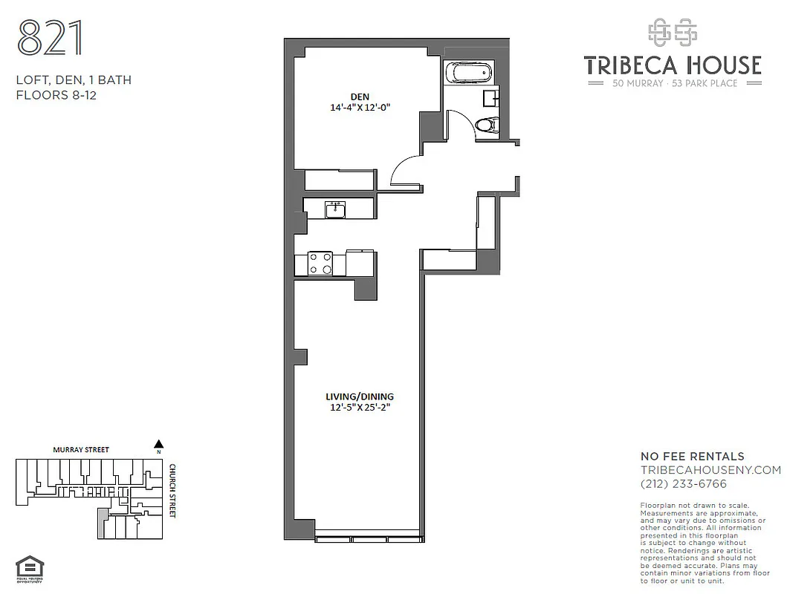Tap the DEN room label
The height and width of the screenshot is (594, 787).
(360, 95)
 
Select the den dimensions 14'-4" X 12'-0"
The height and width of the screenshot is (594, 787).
(360, 107)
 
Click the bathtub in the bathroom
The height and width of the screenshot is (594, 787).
(467, 74)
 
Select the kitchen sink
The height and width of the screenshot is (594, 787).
(336, 209)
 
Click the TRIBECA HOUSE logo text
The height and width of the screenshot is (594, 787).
(673, 65)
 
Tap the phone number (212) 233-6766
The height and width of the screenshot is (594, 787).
(683, 484)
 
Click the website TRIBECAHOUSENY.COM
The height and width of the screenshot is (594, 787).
(710, 470)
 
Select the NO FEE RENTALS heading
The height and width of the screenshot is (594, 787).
(692, 457)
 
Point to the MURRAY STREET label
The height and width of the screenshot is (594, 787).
(80, 450)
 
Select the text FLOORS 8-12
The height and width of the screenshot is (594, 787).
(56, 95)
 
